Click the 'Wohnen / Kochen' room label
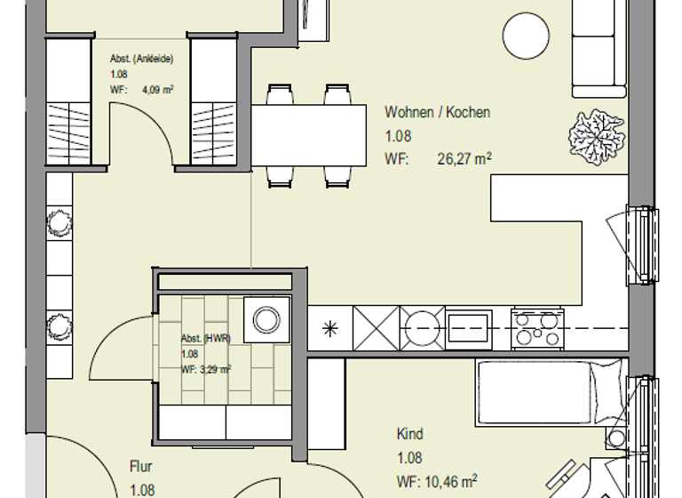(437, 113)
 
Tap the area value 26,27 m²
(464, 160)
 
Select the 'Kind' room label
(409, 435)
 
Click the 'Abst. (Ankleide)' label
(141, 60)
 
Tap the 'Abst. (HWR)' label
(205, 339)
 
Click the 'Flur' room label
(141, 466)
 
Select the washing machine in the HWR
(266, 318)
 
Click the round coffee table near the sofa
(527, 36)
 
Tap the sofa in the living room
(599, 49)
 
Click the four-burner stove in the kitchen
(536, 328)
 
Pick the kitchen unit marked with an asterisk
(329, 329)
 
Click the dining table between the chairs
(309, 134)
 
